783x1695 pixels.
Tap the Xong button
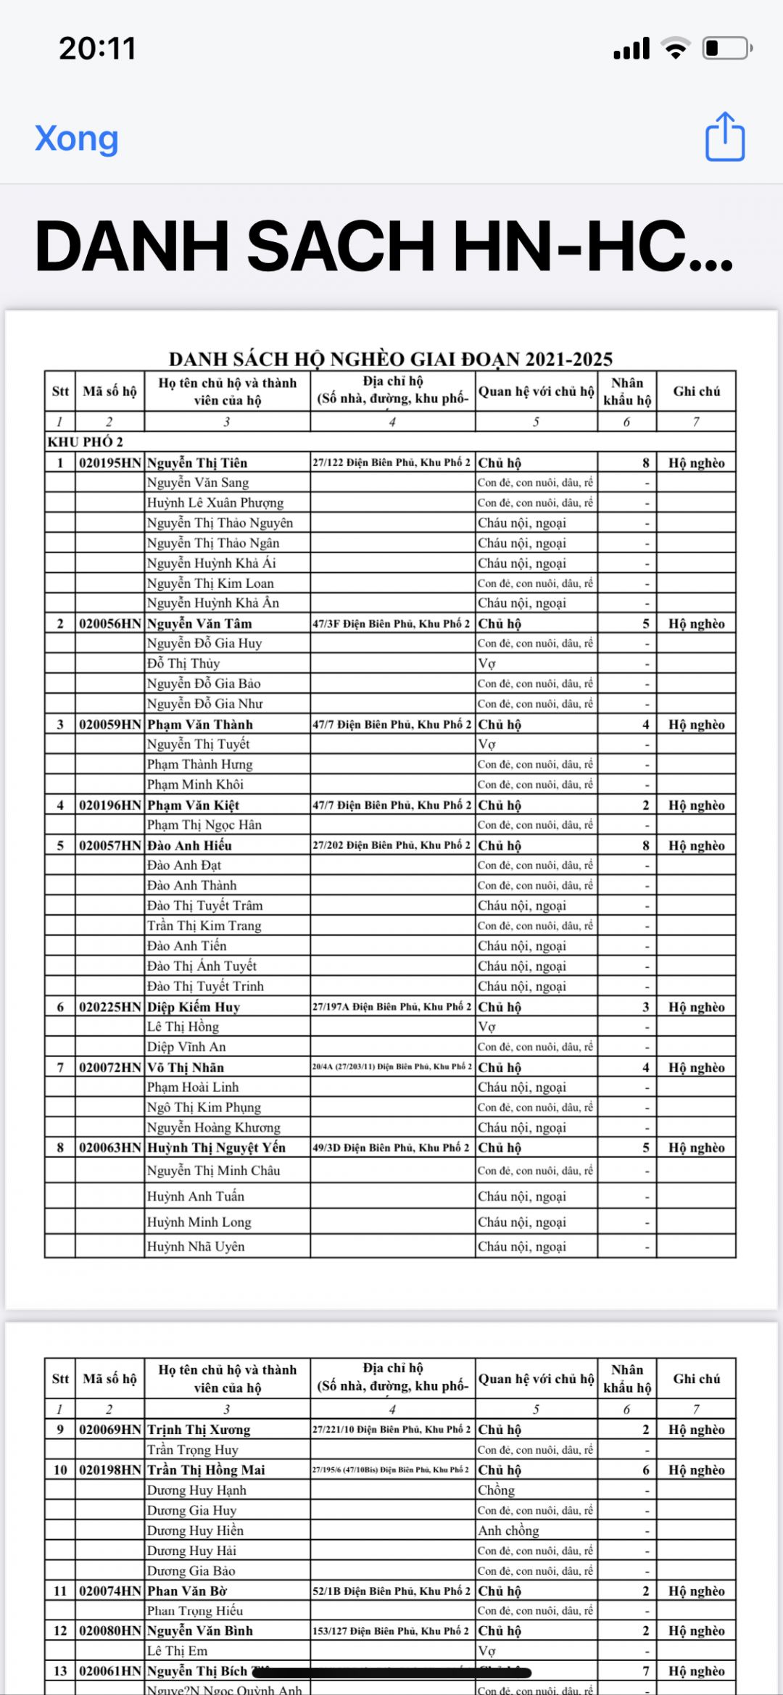tap(76, 138)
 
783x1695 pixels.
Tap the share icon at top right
tap(725, 136)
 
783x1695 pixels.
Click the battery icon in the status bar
tap(727, 49)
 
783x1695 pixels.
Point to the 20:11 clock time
tap(98, 49)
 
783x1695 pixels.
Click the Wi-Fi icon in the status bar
tap(676, 49)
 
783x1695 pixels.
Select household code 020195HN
tap(110, 463)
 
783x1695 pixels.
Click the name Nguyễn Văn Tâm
tap(199, 623)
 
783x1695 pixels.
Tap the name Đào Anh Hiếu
tap(189, 845)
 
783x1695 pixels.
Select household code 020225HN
tap(110, 1007)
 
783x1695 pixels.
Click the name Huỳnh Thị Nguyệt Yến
tap(216, 1148)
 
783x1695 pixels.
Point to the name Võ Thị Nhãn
tap(186, 1067)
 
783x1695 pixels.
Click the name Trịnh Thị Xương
tap(199, 1430)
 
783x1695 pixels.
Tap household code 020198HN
tap(110, 1470)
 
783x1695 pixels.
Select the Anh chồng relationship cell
tap(508, 1530)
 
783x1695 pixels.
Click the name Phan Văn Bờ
tap(187, 1591)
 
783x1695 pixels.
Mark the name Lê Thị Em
tap(177, 1651)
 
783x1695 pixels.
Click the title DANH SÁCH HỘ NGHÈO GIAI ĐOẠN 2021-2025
tap(391, 359)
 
